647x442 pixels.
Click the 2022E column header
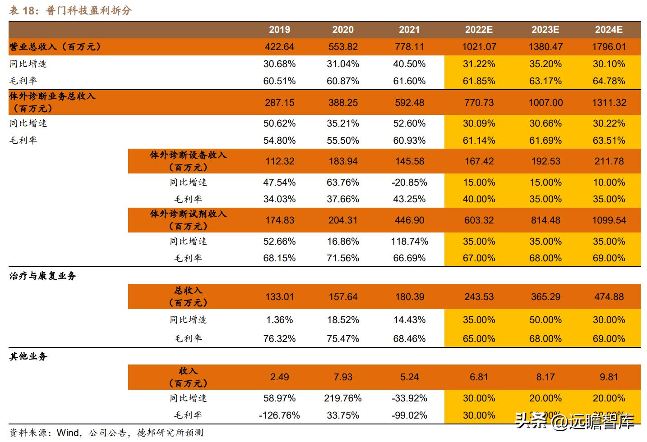pos(479,30)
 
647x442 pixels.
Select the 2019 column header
pos(279,30)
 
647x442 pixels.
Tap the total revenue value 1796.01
pos(609,47)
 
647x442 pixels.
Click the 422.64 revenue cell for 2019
pos(279,47)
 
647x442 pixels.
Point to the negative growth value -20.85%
pos(409,182)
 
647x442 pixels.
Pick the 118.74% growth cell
pos(409,242)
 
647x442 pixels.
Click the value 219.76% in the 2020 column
pos(343,398)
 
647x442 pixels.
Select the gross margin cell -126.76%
pos(279,415)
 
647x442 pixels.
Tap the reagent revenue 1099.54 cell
pos(609,220)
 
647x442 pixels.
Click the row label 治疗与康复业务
pos(43,276)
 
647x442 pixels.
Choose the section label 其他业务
pos(28,356)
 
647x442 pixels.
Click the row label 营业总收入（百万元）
pos(55,47)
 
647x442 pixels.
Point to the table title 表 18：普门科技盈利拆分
pos(70,10)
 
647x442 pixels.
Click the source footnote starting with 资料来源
pos(106,433)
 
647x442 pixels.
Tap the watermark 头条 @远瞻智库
pos(575,421)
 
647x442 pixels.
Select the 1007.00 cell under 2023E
pos(545,103)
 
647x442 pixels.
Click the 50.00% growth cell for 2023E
pos(545,320)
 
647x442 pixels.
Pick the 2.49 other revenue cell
pos(279,377)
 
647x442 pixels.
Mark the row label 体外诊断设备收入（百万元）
pos(188,161)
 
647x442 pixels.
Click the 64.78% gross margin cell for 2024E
pos(609,81)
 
